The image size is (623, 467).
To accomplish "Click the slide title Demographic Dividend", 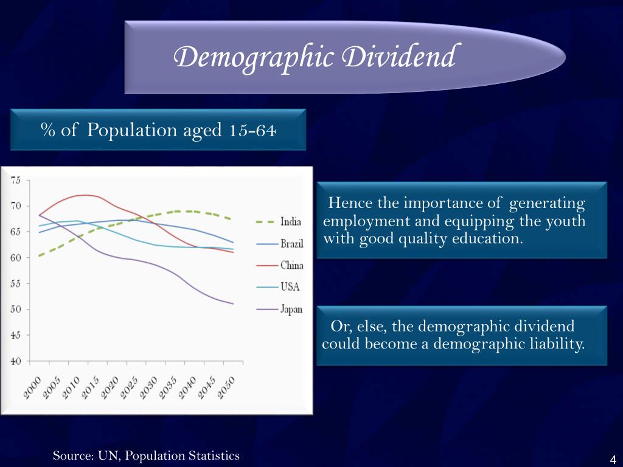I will coord(314,58).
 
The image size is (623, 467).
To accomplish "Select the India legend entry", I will coord(290,221).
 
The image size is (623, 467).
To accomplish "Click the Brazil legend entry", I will coord(291,244).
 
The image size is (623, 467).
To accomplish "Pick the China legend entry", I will coord(291,265).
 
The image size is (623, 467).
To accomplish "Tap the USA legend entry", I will coord(290,287).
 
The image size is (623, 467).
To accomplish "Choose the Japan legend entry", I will coord(291,309).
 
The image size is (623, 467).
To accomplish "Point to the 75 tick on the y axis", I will coord(16,180).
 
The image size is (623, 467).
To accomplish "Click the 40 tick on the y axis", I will coord(16,361).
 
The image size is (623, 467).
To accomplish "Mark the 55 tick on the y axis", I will coord(16,283).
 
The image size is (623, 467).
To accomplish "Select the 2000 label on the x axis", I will coord(32,387).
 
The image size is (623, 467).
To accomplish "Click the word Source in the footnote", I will coord(71,455).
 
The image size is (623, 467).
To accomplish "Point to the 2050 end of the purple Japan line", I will coord(233,304).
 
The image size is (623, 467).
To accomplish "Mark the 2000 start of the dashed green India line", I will coord(39,256).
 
